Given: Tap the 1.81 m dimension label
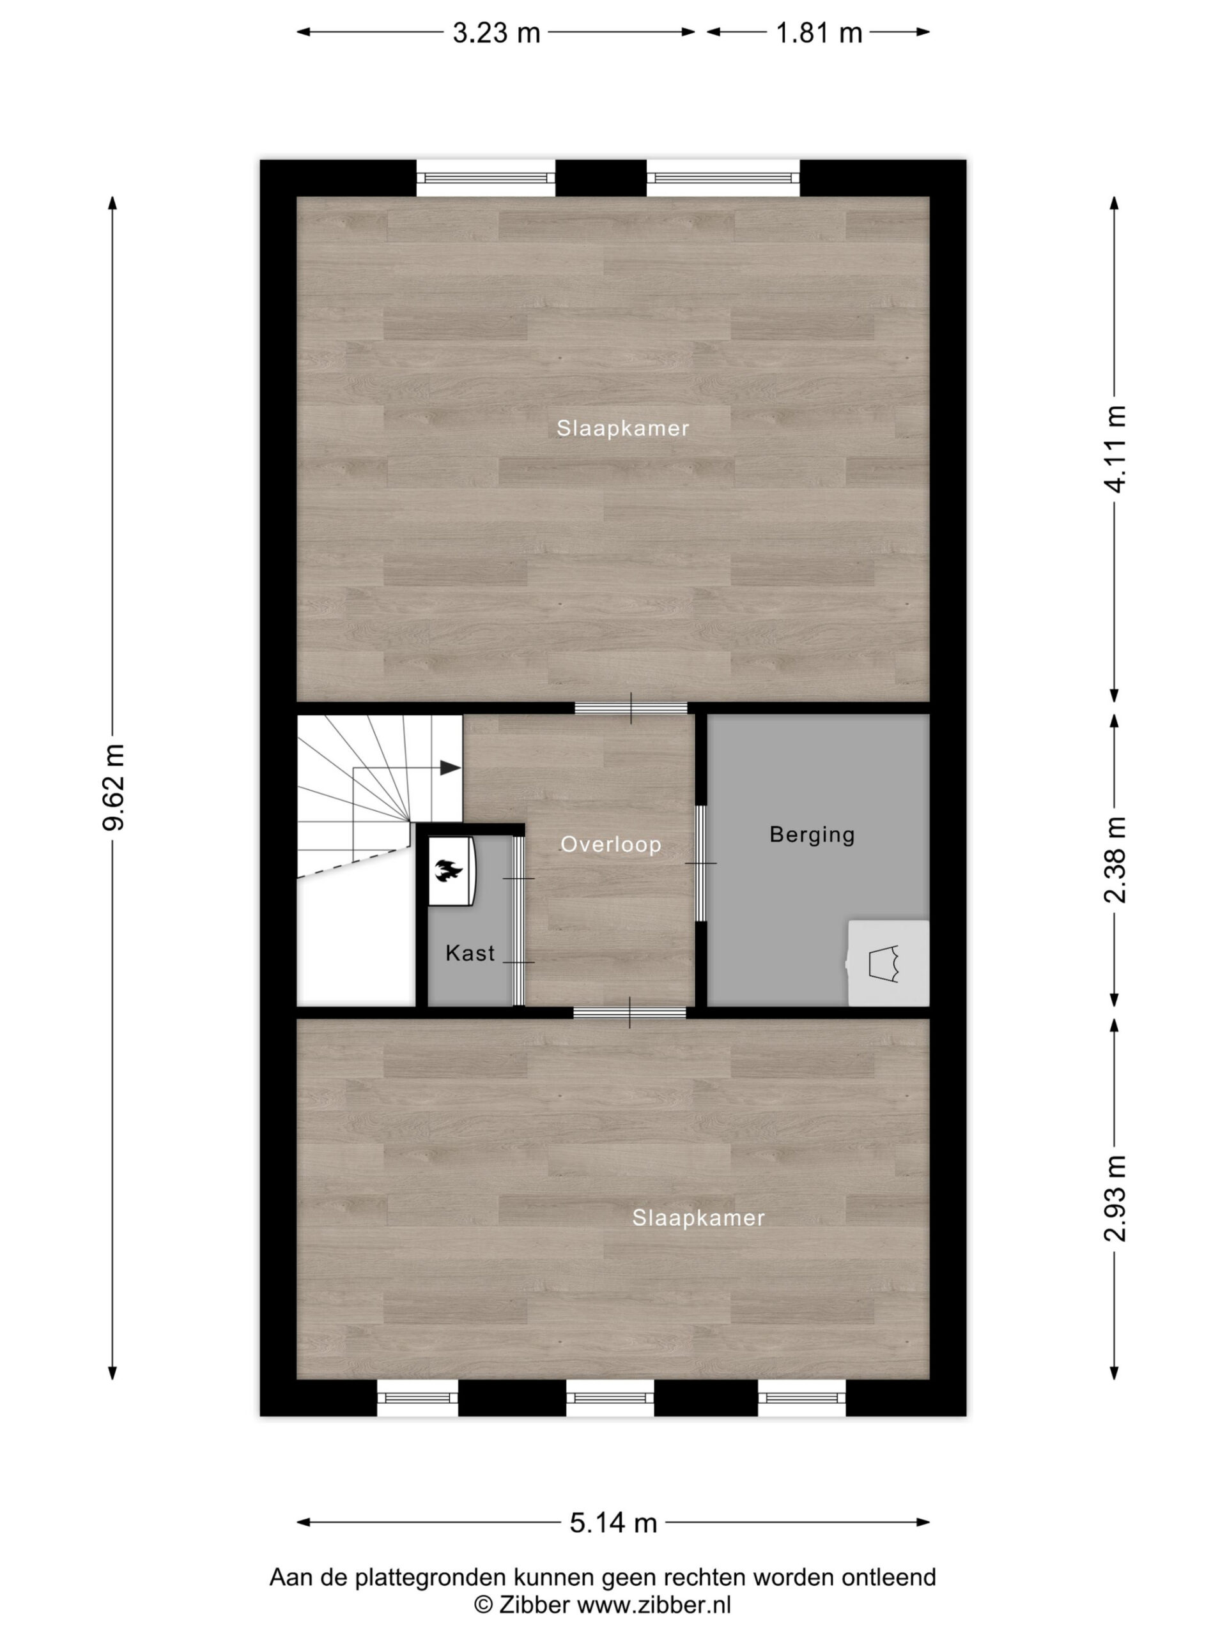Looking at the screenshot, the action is click(819, 33).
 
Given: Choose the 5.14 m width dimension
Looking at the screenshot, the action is click(613, 1523).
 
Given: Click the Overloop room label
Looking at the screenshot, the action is click(611, 845).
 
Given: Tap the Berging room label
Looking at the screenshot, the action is click(812, 835).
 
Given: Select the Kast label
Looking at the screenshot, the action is click(470, 954).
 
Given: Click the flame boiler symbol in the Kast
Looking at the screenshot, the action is click(449, 871).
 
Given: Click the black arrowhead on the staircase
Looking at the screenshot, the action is click(451, 767).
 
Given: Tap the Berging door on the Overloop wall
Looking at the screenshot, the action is click(700, 863).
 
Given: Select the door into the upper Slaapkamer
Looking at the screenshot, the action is click(631, 708).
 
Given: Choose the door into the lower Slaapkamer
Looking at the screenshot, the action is click(629, 1013).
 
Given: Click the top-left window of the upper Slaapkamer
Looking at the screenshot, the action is click(486, 178).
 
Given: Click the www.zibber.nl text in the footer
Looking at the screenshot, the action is click(654, 1605).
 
